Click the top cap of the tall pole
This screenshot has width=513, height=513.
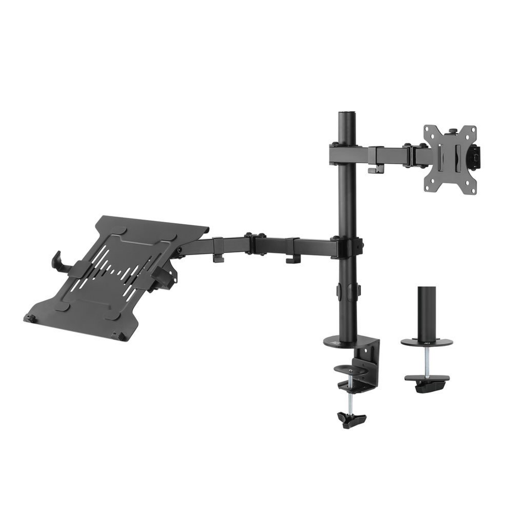coord(346,112)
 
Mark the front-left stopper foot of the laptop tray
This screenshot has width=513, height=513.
coord(30,318)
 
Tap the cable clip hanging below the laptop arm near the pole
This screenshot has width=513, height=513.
coord(292,256)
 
